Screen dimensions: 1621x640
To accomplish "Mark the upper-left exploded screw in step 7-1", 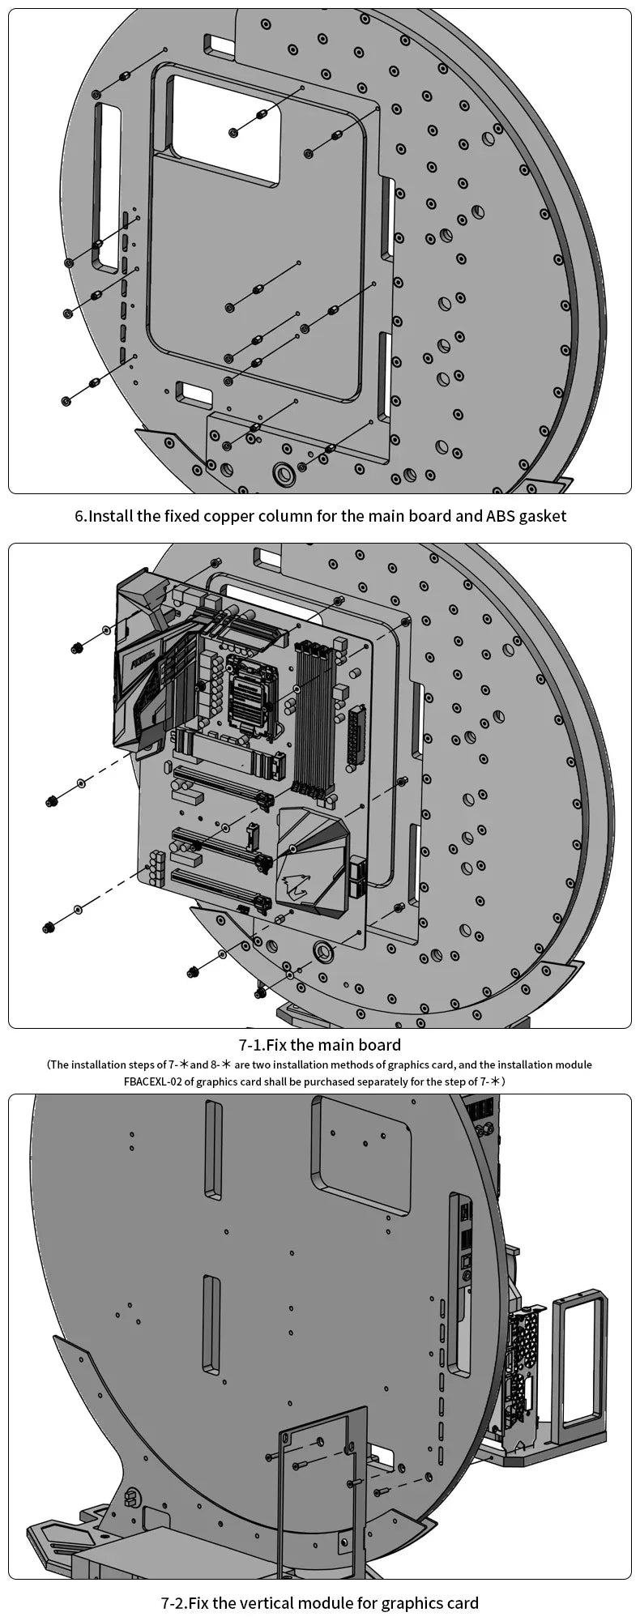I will coord(78,646).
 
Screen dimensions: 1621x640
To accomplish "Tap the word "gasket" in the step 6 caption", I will coord(540,516).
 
